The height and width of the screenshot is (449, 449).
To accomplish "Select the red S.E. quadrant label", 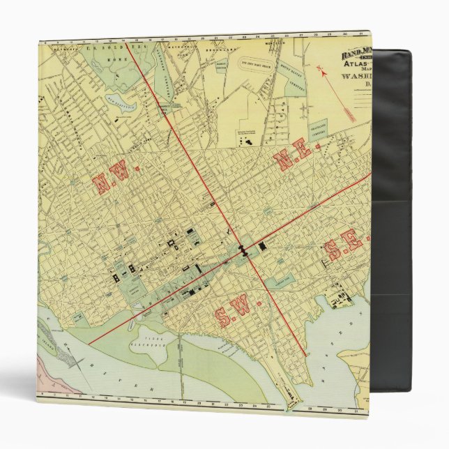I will click(344, 245).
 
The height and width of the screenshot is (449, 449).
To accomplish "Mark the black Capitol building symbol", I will click(244, 251).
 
